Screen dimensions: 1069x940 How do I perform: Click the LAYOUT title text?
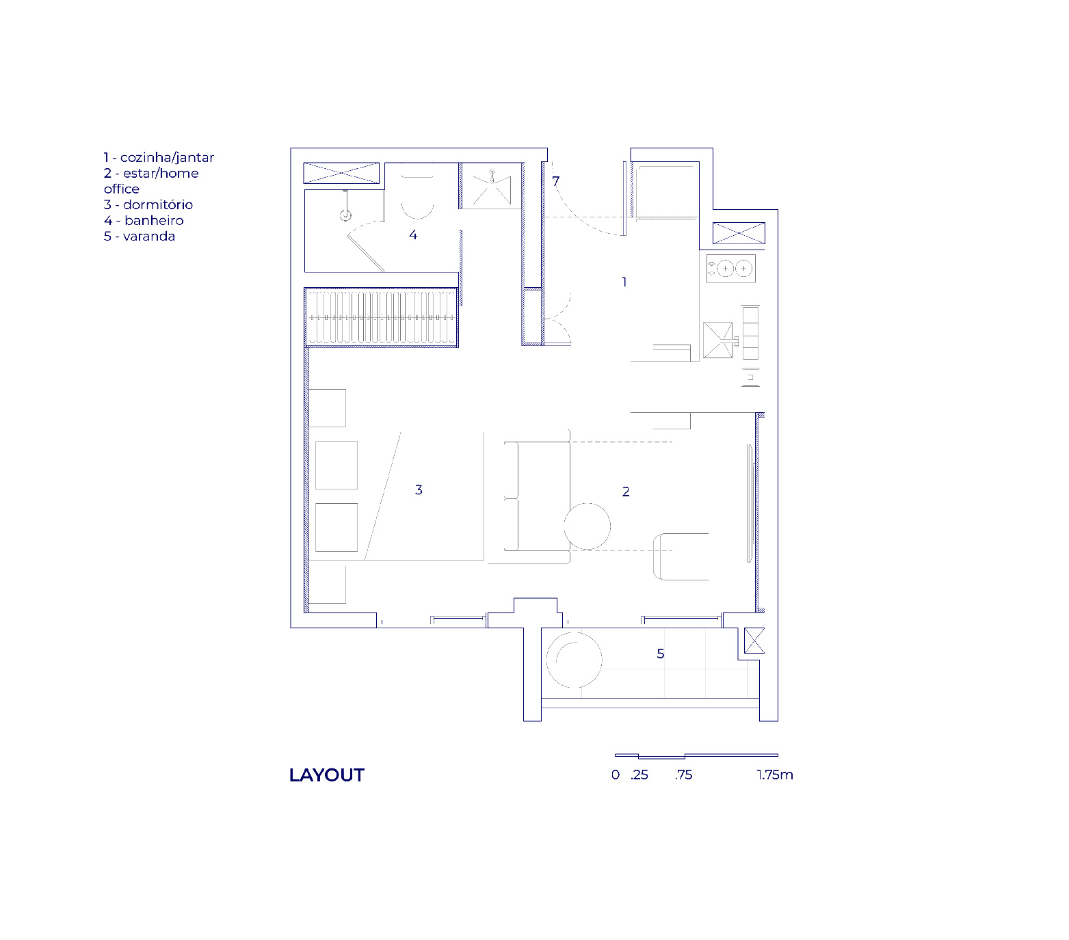coord(327,775)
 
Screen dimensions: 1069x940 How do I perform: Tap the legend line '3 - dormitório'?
coord(148,204)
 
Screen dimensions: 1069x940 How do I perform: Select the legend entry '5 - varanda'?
coord(140,236)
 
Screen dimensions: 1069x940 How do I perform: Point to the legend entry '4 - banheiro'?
coord(144,220)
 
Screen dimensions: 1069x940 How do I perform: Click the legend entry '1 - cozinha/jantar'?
coord(159,157)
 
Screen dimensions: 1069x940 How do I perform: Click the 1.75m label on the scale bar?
coord(775,775)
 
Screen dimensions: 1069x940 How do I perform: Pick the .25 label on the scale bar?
coord(639,775)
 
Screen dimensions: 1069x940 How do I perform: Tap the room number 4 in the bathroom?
coord(413,234)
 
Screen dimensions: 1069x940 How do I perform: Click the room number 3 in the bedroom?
coord(419,489)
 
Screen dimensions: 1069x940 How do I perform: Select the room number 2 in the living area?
coord(626,492)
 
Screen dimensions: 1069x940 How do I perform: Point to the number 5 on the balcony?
coord(661,654)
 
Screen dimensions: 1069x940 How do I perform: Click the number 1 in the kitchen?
coord(624,282)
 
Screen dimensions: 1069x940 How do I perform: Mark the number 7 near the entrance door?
coord(556,181)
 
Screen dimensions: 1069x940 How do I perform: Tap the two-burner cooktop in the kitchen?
coord(731,269)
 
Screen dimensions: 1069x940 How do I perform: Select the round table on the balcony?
coord(574,660)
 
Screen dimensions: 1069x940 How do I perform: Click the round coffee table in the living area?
coord(588,526)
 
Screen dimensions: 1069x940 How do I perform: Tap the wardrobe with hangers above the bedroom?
coord(381,318)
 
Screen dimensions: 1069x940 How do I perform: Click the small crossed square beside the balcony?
coord(754,641)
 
